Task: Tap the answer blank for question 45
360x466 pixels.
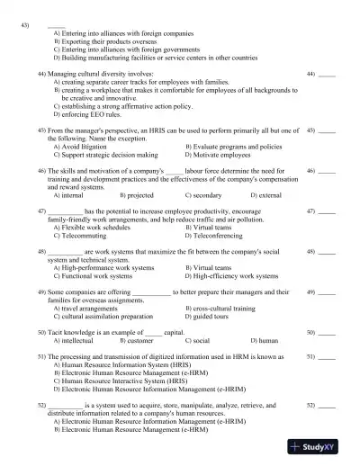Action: click(x=327, y=132)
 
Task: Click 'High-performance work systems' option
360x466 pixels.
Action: click(x=108, y=267)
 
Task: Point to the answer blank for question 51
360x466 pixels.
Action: click(x=327, y=357)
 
